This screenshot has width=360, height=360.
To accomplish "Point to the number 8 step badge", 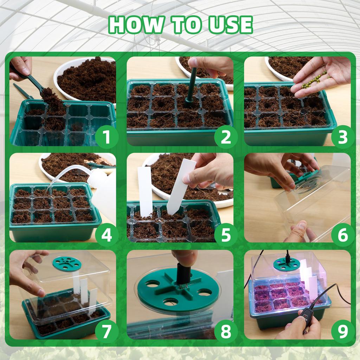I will (x=225, y=331).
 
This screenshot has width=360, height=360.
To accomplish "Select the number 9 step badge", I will (x=342, y=331).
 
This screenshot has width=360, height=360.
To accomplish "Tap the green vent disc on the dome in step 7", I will (x=67, y=263).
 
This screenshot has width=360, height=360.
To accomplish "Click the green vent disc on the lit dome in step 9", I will (x=287, y=264).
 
